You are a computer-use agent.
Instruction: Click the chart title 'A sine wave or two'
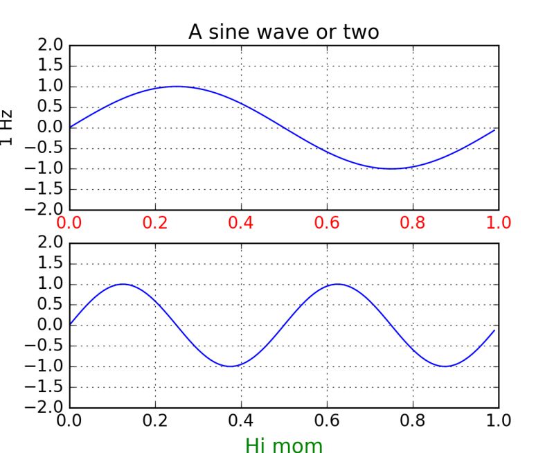tap(284, 32)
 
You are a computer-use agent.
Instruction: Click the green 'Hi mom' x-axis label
tap(284, 443)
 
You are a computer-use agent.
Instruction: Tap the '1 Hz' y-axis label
tap(7, 127)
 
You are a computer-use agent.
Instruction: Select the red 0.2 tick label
tap(155, 222)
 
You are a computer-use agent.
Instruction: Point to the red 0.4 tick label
tap(241, 222)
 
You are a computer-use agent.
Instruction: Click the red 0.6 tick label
tap(327, 222)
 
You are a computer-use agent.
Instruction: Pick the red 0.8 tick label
tap(413, 222)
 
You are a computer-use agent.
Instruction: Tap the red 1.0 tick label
tap(499, 222)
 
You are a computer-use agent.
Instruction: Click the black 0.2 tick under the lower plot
tap(155, 420)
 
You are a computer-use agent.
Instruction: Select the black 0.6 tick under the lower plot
tap(327, 420)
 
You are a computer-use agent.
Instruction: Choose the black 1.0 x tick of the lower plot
tap(499, 420)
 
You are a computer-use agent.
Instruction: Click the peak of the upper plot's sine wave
tap(177, 87)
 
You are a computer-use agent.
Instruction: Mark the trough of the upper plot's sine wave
tap(391, 168)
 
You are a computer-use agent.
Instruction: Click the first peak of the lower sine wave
tap(123, 284)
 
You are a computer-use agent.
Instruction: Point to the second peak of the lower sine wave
tap(337, 284)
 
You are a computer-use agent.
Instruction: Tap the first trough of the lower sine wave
tap(231, 366)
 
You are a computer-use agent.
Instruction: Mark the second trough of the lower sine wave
tap(445, 366)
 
